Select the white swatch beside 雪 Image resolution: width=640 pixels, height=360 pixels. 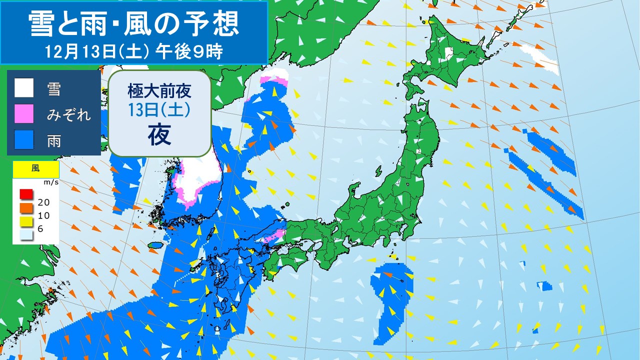coord(23,88)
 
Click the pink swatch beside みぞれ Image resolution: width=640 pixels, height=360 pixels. coord(23,114)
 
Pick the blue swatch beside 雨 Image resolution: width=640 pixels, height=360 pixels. coord(23,139)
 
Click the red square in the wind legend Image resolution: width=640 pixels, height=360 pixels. coord(26,194)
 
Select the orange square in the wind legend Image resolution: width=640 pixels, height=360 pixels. coord(26,207)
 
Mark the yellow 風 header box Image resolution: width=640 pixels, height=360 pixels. coord(36,169)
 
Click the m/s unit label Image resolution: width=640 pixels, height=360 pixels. coord(52,182)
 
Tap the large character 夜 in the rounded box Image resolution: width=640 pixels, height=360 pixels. coord(158,134)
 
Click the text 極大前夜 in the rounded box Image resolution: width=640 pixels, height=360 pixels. coord(158,91)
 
